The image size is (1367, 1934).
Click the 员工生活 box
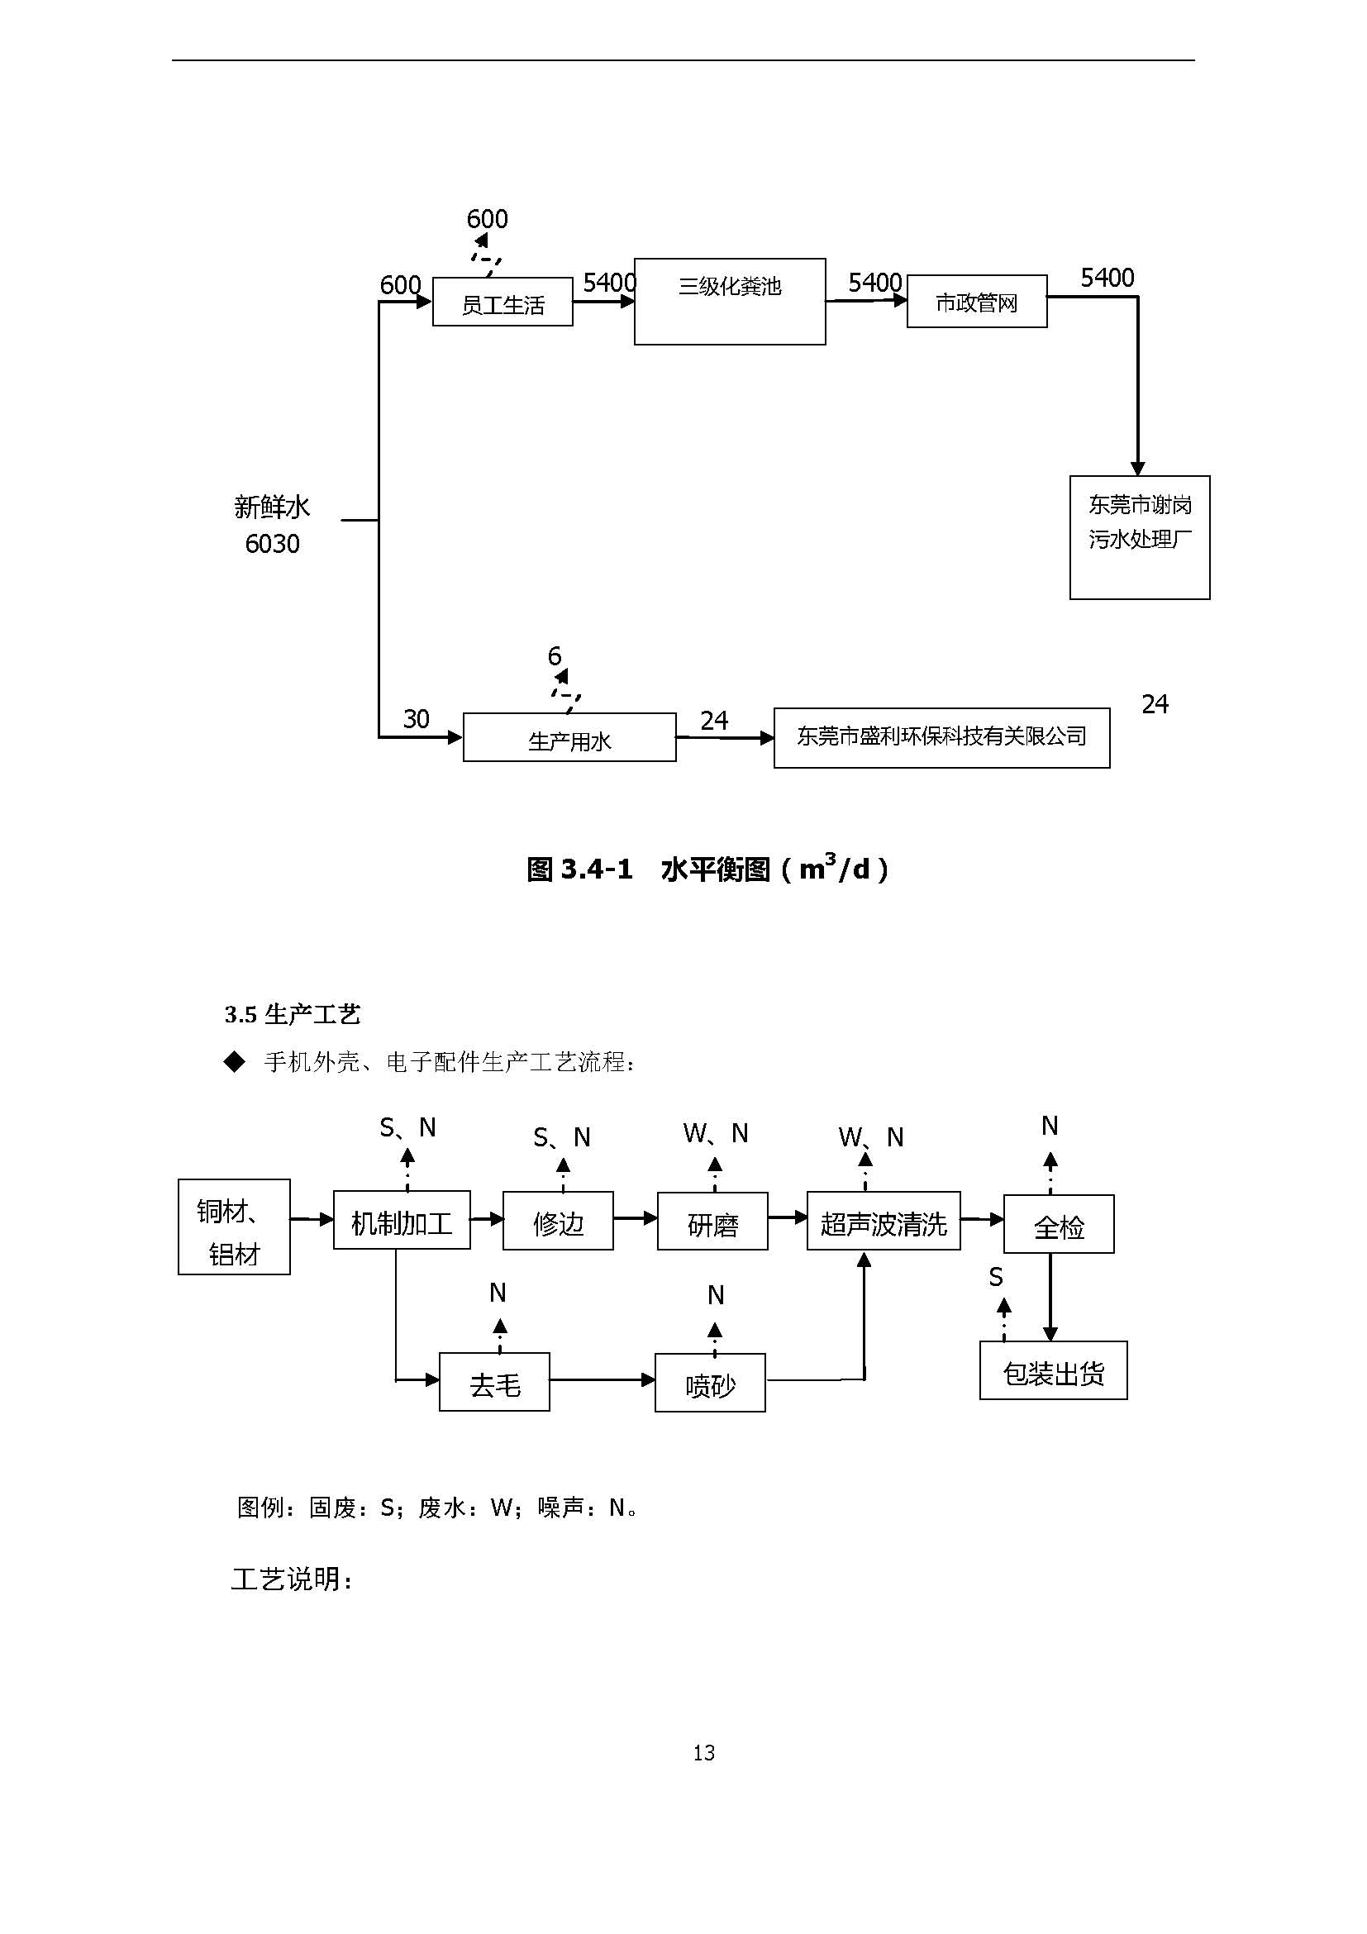pyautogui.click(x=502, y=302)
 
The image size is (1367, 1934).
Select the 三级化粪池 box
pyautogui.click(x=730, y=301)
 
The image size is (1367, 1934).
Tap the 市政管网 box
pyautogui.click(x=976, y=301)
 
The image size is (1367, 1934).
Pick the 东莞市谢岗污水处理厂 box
pyautogui.click(x=1139, y=537)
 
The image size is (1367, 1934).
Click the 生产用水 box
pyautogui.click(x=569, y=738)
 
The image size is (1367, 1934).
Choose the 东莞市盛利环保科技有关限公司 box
pyautogui.click(x=941, y=738)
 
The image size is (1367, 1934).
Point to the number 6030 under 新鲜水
pyautogui.click(x=272, y=544)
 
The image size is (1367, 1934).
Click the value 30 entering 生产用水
pyautogui.click(x=416, y=718)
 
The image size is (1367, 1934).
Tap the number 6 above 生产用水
pyautogui.click(x=555, y=655)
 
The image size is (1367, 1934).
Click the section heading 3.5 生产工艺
pyautogui.click(x=293, y=1014)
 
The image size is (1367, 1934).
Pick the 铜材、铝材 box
pyautogui.click(x=234, y=1227)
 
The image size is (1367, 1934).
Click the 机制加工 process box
pyautogui.click(x=402, y=1221)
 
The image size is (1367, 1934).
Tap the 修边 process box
pyautogui.click(x=558, y=1222)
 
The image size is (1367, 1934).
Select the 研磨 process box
pyautogui.click(x=712, y=1222)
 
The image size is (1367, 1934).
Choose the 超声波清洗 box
pyautogui.click(x=883, y=1222)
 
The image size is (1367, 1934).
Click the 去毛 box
pyautogui.click(x=494, y=1382)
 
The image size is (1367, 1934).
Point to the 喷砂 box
pyautogui.click(x=710, y=1383)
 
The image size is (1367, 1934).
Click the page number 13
pyautogui.click(x=703, y=1753)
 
